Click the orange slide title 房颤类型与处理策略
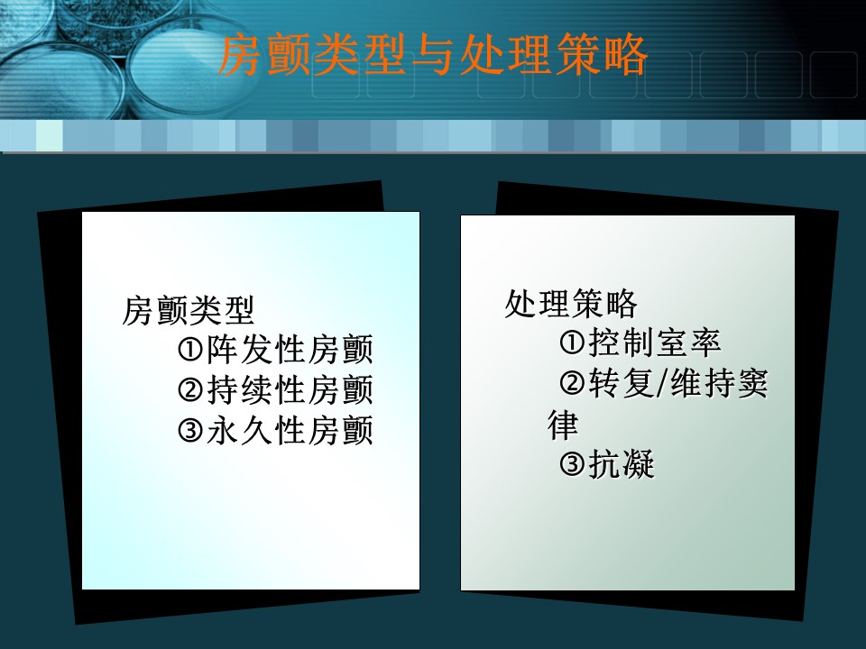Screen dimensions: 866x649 tap(432, 54)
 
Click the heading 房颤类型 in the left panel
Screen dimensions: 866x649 tap(188, 310)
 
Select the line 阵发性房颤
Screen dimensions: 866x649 tap(290, 350)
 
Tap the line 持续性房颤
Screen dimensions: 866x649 tap(290, 389)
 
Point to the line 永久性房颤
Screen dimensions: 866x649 tap(290, 430)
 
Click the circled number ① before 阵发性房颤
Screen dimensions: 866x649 tap(191, 350)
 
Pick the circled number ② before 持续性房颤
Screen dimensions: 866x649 tap(191, 390)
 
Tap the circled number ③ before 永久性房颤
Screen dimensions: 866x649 tap(191, 431)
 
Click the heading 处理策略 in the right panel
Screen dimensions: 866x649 tap(571, 303)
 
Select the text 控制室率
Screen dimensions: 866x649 tap(655, 343)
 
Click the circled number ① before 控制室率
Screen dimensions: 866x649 tap(572, 343)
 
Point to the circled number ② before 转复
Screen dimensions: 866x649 tap(572, 383)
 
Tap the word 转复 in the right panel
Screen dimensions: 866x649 tap(622, 383)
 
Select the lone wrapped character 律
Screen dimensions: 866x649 tap(563, 424)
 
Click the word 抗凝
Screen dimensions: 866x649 tap(622, 464)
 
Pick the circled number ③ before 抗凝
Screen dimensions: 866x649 tap(572, 464)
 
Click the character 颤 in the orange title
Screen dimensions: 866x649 tap(289, 55)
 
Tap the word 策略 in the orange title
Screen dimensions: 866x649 tap(601, 55)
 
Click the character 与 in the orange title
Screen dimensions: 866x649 tap(433, 55)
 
